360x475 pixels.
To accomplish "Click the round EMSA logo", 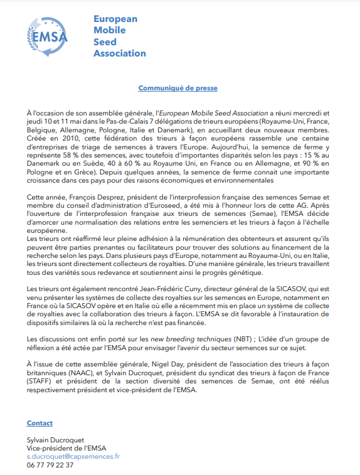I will [x=48, y=36].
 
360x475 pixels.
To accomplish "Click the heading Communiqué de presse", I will [x=178, y=88].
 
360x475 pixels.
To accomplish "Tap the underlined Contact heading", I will [x=40, y=424].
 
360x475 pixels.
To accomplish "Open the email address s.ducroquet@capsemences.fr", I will [x=73, y=457].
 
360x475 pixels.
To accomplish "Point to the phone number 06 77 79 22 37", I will [x=50, y=466].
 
